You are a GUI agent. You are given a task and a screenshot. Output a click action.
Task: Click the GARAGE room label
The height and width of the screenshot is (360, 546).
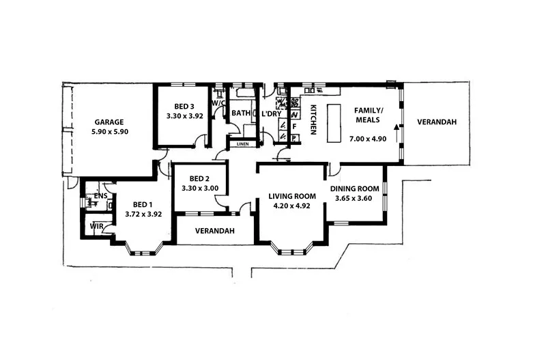pos(109,122)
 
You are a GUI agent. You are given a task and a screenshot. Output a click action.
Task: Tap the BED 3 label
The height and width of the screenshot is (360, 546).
pos(184,107)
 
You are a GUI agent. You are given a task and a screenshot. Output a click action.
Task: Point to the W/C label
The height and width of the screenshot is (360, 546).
pos(218,103)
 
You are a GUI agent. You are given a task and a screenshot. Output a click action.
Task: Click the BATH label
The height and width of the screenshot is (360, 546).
pos(240,113)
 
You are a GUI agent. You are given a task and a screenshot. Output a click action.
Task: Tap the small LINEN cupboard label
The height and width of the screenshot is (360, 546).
pos(243,144)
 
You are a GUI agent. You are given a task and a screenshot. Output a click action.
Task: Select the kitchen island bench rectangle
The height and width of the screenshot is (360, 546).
pos(334,123)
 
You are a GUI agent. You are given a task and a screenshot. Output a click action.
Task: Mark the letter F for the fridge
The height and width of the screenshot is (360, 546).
pos(294,126)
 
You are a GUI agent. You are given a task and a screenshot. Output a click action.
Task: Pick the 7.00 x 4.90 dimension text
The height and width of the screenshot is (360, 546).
pos(369,139)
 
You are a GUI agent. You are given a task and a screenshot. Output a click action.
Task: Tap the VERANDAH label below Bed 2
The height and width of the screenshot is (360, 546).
pos(215,231)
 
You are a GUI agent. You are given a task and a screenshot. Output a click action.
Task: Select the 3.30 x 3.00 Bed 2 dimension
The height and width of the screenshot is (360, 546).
pos(196,189)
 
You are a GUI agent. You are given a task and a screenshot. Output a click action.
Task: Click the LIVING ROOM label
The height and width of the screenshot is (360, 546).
pos(290,196)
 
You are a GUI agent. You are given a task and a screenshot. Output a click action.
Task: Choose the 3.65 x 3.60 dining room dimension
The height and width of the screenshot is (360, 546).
pos(354,198)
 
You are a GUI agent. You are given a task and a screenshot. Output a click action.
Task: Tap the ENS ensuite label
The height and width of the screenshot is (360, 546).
pos(101,196)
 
